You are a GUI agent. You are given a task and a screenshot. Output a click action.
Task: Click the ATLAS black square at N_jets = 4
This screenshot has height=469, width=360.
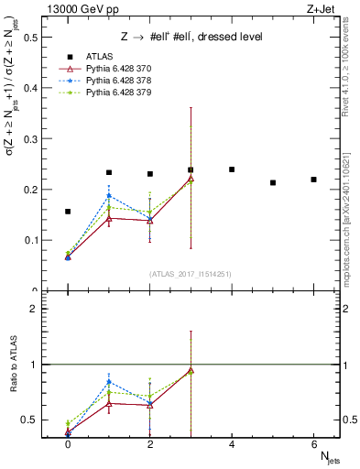(232, 169)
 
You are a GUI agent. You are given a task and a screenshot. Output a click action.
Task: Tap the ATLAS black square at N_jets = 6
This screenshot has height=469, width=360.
(313, 180)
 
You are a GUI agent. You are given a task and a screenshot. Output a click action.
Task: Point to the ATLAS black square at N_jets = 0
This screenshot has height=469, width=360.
(68, 212)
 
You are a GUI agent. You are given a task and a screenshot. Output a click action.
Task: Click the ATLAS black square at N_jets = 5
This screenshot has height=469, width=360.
(273, 182)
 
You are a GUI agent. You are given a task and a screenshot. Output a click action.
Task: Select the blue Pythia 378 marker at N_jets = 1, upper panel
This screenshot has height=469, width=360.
(109, 196)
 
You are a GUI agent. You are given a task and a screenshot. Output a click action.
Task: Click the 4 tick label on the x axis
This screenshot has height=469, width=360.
(232, 444)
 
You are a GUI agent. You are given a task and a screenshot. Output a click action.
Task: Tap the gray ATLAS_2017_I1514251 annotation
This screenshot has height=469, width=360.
(191, 274)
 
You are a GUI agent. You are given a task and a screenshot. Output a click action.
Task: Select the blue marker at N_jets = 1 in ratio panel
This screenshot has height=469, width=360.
(109, 382)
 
